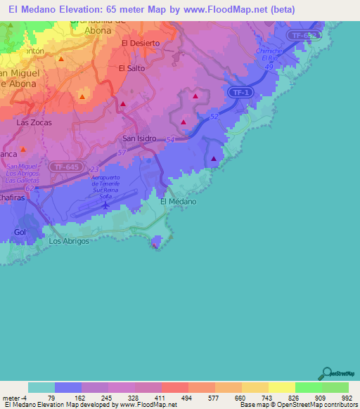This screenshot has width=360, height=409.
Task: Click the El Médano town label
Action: click(x=178, y=202)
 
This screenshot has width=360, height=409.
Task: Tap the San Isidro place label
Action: click(x=139, y=139)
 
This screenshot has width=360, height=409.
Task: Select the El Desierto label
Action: click(x=141, y=44)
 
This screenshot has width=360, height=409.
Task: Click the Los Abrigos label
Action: click(x=69, y=241)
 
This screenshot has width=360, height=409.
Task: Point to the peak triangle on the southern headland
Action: click(x=155, y=245)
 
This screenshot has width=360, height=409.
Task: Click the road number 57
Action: click(x=122, y=152)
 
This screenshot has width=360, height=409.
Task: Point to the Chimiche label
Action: click(x=269, y=51)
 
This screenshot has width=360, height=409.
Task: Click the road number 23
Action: click(x=94, y=169)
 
